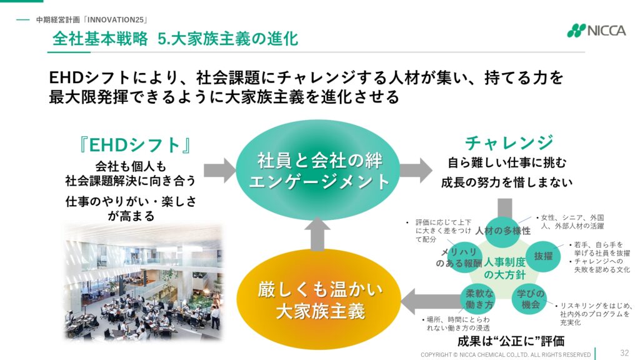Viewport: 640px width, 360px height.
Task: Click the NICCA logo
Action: (596, 31)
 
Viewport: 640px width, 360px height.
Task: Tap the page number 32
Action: (624, 352)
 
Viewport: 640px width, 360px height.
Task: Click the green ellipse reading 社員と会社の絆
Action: (319, 171)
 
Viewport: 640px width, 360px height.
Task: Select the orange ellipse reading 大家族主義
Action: (319, 301)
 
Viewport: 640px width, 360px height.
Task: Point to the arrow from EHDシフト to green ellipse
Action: (219, 170)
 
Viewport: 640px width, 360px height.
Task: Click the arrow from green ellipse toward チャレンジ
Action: (416, 170)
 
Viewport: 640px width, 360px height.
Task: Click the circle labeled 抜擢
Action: (543, 256)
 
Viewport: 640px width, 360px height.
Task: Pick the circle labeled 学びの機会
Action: (530, 299)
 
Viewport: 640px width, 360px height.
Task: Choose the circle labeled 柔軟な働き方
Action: (479, 299)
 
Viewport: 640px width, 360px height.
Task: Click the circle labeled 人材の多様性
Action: (503, 231)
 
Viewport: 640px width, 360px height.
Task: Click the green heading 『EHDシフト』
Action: (135, 145)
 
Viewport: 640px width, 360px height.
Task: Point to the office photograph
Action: (144, 282)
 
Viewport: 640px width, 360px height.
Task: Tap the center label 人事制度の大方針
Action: (504, 268)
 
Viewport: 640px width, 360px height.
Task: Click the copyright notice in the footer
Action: (506, 355)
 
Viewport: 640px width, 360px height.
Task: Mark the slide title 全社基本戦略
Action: (100, 39)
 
